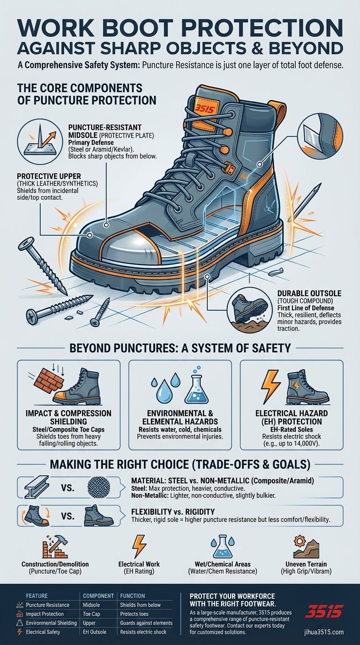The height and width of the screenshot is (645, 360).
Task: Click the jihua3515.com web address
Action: [324, 632]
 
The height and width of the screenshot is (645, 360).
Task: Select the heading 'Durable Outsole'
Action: [309, 293]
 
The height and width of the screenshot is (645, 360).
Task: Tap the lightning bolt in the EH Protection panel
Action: [270, 383]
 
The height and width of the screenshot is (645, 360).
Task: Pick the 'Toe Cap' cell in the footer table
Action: [91, 614]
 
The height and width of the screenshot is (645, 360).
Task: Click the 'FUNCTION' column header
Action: [133, 596]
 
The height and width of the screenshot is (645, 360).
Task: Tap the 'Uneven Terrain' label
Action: [306, 564]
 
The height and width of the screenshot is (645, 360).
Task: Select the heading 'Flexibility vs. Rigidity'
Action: [173, 512]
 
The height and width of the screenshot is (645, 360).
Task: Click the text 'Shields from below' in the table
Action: [140, 605]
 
